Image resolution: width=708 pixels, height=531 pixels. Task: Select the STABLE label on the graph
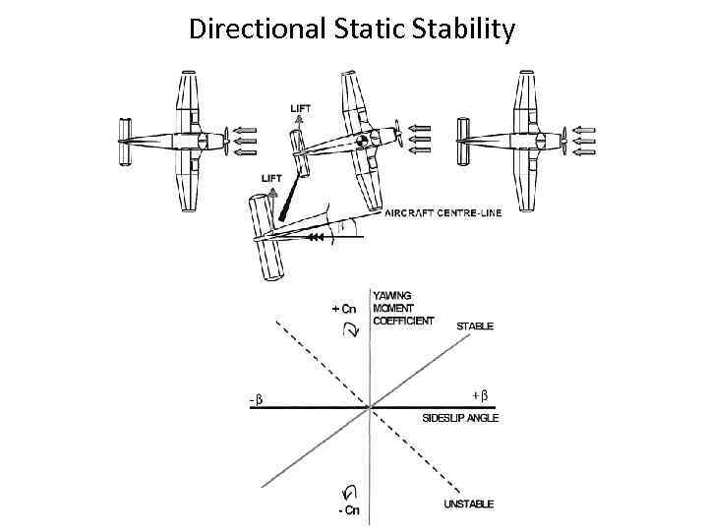(475, 325)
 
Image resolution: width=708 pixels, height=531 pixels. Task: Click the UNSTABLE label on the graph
(470, 504)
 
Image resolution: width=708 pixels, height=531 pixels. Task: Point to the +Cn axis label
(344, 308)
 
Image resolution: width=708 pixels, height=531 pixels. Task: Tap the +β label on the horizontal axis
(480, 395)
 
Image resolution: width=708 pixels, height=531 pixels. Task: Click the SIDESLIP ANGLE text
(460, 418)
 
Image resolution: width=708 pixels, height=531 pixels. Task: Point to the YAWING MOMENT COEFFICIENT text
(402, 308)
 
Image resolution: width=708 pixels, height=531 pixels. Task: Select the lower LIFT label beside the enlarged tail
(270, 178)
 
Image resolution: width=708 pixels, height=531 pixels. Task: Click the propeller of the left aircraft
(227, 142)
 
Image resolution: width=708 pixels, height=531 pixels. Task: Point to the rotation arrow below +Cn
(353, 332)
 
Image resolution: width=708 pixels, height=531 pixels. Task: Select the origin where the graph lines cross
(369, 406)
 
